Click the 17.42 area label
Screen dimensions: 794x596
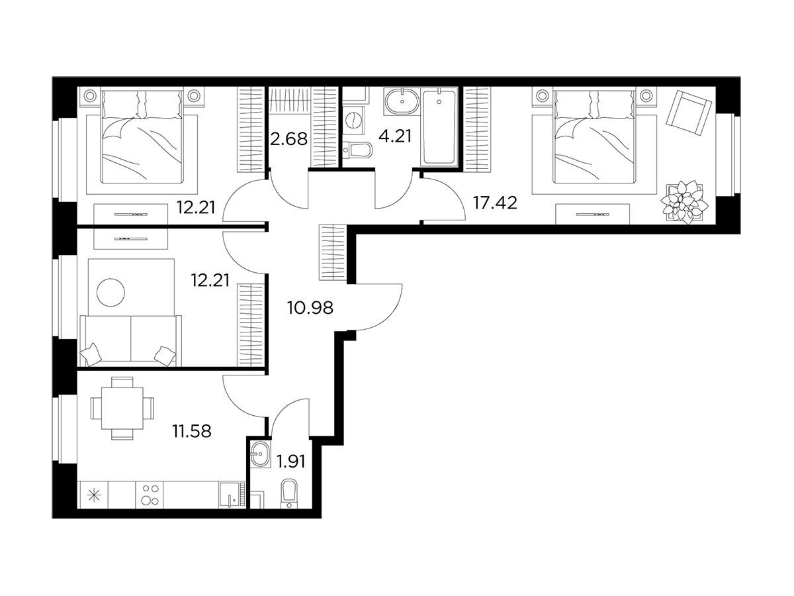coord(495,203)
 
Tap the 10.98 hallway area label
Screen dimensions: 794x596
coord(310,308)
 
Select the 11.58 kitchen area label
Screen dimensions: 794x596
coord(191,431)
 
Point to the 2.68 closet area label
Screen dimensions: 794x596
coord(288,138)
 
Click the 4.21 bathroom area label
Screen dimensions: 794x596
coord(395,136)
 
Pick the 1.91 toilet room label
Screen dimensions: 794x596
coord(291,462)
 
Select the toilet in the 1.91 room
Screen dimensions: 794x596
coord(289,494)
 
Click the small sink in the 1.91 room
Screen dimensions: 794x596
coord(260,454)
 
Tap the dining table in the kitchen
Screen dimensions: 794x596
coord(122,408)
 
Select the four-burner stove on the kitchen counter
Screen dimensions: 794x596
coord(150,495)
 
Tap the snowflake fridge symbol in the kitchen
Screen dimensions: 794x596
coord(93,495)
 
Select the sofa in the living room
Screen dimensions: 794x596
coord(130,340)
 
